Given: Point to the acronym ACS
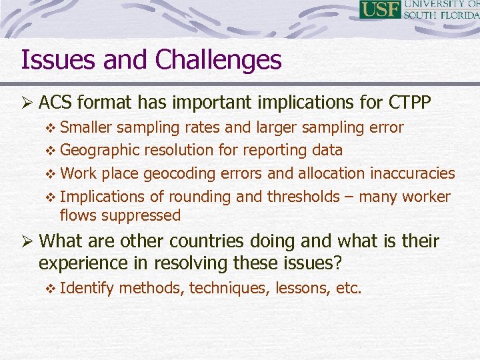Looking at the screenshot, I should pyautogui.click(x=57, y=103).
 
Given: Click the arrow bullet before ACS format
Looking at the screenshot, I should pyautogui.click(x=27, y=103).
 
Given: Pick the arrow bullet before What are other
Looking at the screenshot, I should pyautogui.click(x=27, y=241).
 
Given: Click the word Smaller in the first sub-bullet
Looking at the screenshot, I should pyautogui.click(x=88, y=127).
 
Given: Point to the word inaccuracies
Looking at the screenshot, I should pyautogui.click(x=412, y=173).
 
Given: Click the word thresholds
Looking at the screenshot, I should pyautogui.click(x=303, y=197).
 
